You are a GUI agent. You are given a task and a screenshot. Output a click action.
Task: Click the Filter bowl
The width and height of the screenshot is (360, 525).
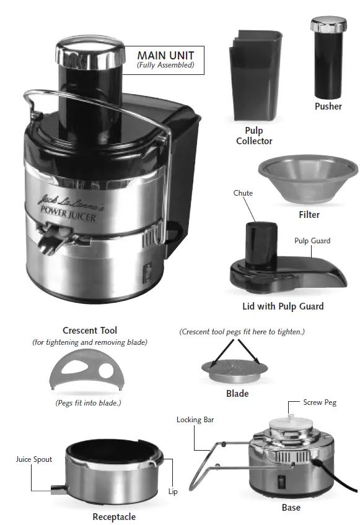308,179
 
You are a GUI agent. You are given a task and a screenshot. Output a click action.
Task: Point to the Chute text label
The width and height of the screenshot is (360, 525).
244,193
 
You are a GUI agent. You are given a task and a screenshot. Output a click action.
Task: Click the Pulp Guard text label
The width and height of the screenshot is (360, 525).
312,241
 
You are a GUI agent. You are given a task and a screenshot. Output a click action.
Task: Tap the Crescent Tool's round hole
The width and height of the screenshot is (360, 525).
107,370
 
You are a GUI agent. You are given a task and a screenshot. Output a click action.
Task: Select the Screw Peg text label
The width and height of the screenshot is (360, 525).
320,402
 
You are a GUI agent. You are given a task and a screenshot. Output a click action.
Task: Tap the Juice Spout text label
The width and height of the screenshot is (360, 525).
34,459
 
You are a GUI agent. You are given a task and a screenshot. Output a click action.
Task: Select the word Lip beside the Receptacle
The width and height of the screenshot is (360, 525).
173,492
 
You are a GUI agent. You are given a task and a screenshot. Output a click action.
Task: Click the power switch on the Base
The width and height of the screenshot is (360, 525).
283,480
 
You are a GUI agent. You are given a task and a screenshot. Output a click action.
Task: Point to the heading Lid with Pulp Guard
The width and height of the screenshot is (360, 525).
283,306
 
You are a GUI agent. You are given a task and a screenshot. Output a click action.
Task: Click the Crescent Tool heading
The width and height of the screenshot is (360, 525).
90,331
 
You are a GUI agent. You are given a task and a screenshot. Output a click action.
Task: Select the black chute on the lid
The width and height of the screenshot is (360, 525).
255,243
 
